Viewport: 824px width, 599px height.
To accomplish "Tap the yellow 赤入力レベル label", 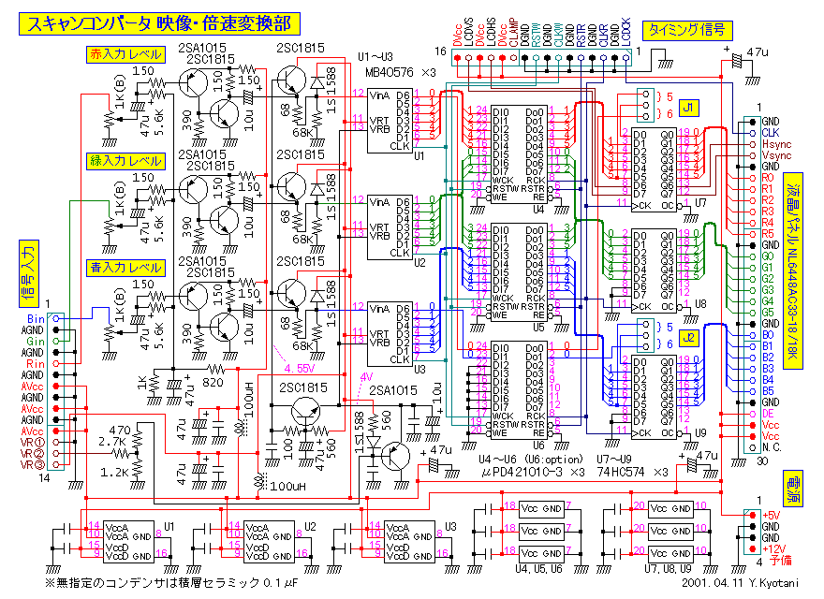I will point(124,54).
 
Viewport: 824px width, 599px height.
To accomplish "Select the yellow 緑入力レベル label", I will point(124,160).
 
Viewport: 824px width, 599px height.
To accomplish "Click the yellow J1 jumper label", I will point(689,107).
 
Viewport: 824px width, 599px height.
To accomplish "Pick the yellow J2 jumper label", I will point(689,336).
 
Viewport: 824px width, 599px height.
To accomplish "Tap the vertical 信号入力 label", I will point(25,273).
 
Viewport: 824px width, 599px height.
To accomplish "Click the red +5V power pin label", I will point(772,515).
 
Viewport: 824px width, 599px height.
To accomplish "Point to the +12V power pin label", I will point(773,548).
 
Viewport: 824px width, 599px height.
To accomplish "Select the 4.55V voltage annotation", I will point(298,368).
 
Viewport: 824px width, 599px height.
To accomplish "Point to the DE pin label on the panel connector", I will point(768,413).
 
